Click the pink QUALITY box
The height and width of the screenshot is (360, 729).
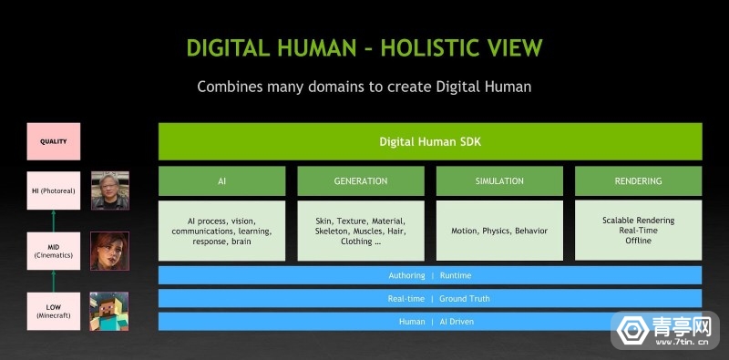pyautogui.click(x=53, y=141)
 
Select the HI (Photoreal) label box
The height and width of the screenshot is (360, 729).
pyautogui.click(x=53, y=190)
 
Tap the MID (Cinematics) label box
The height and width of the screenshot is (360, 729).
pyautogui.click(x=53, y=251)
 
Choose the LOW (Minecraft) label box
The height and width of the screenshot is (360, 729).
pyautogui.click(x=53, y=311)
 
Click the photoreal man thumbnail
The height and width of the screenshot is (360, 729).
pyautogui.click(x=109, y=190)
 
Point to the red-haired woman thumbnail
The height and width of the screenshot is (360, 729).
pyautogui.click(x=109, y=251)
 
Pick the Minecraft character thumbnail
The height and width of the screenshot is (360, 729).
pyautogui.click(x=109, y=311)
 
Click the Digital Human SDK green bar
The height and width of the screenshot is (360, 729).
pyautogui.click(x=429, y=141)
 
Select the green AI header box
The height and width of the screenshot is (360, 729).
pyautogui.click(x=221, y=180)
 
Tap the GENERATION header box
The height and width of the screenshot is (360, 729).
pyautogui.click(x=360, y=180)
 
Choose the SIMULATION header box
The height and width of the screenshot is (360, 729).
pyautogui.click(x=498, y=180)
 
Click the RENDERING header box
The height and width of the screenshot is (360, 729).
pyautogui.click(x=638, y=180)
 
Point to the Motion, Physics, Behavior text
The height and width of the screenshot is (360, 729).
pyautogui.click(x=499, y=231)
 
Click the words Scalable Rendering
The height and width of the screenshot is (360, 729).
pyautogui.click(x=638, y=220)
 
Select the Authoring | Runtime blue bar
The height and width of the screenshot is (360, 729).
pyautogui.click(x=429, y=275)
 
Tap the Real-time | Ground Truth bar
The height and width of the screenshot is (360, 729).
pyautogui.click(x=429, y=298)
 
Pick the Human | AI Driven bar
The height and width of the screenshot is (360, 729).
pyautogui.click(x=429, y=322)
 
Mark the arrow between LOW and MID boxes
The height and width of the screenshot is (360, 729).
pyautogui.click(x=53, y=282)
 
